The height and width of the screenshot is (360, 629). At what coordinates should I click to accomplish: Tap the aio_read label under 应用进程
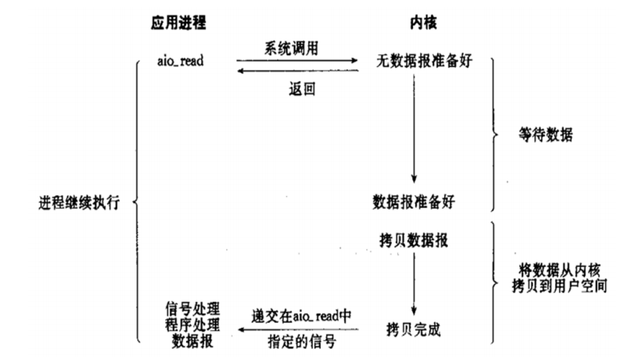181,61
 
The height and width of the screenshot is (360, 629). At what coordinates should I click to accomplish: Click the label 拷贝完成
413,325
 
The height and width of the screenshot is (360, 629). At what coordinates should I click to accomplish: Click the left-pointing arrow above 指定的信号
300,328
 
